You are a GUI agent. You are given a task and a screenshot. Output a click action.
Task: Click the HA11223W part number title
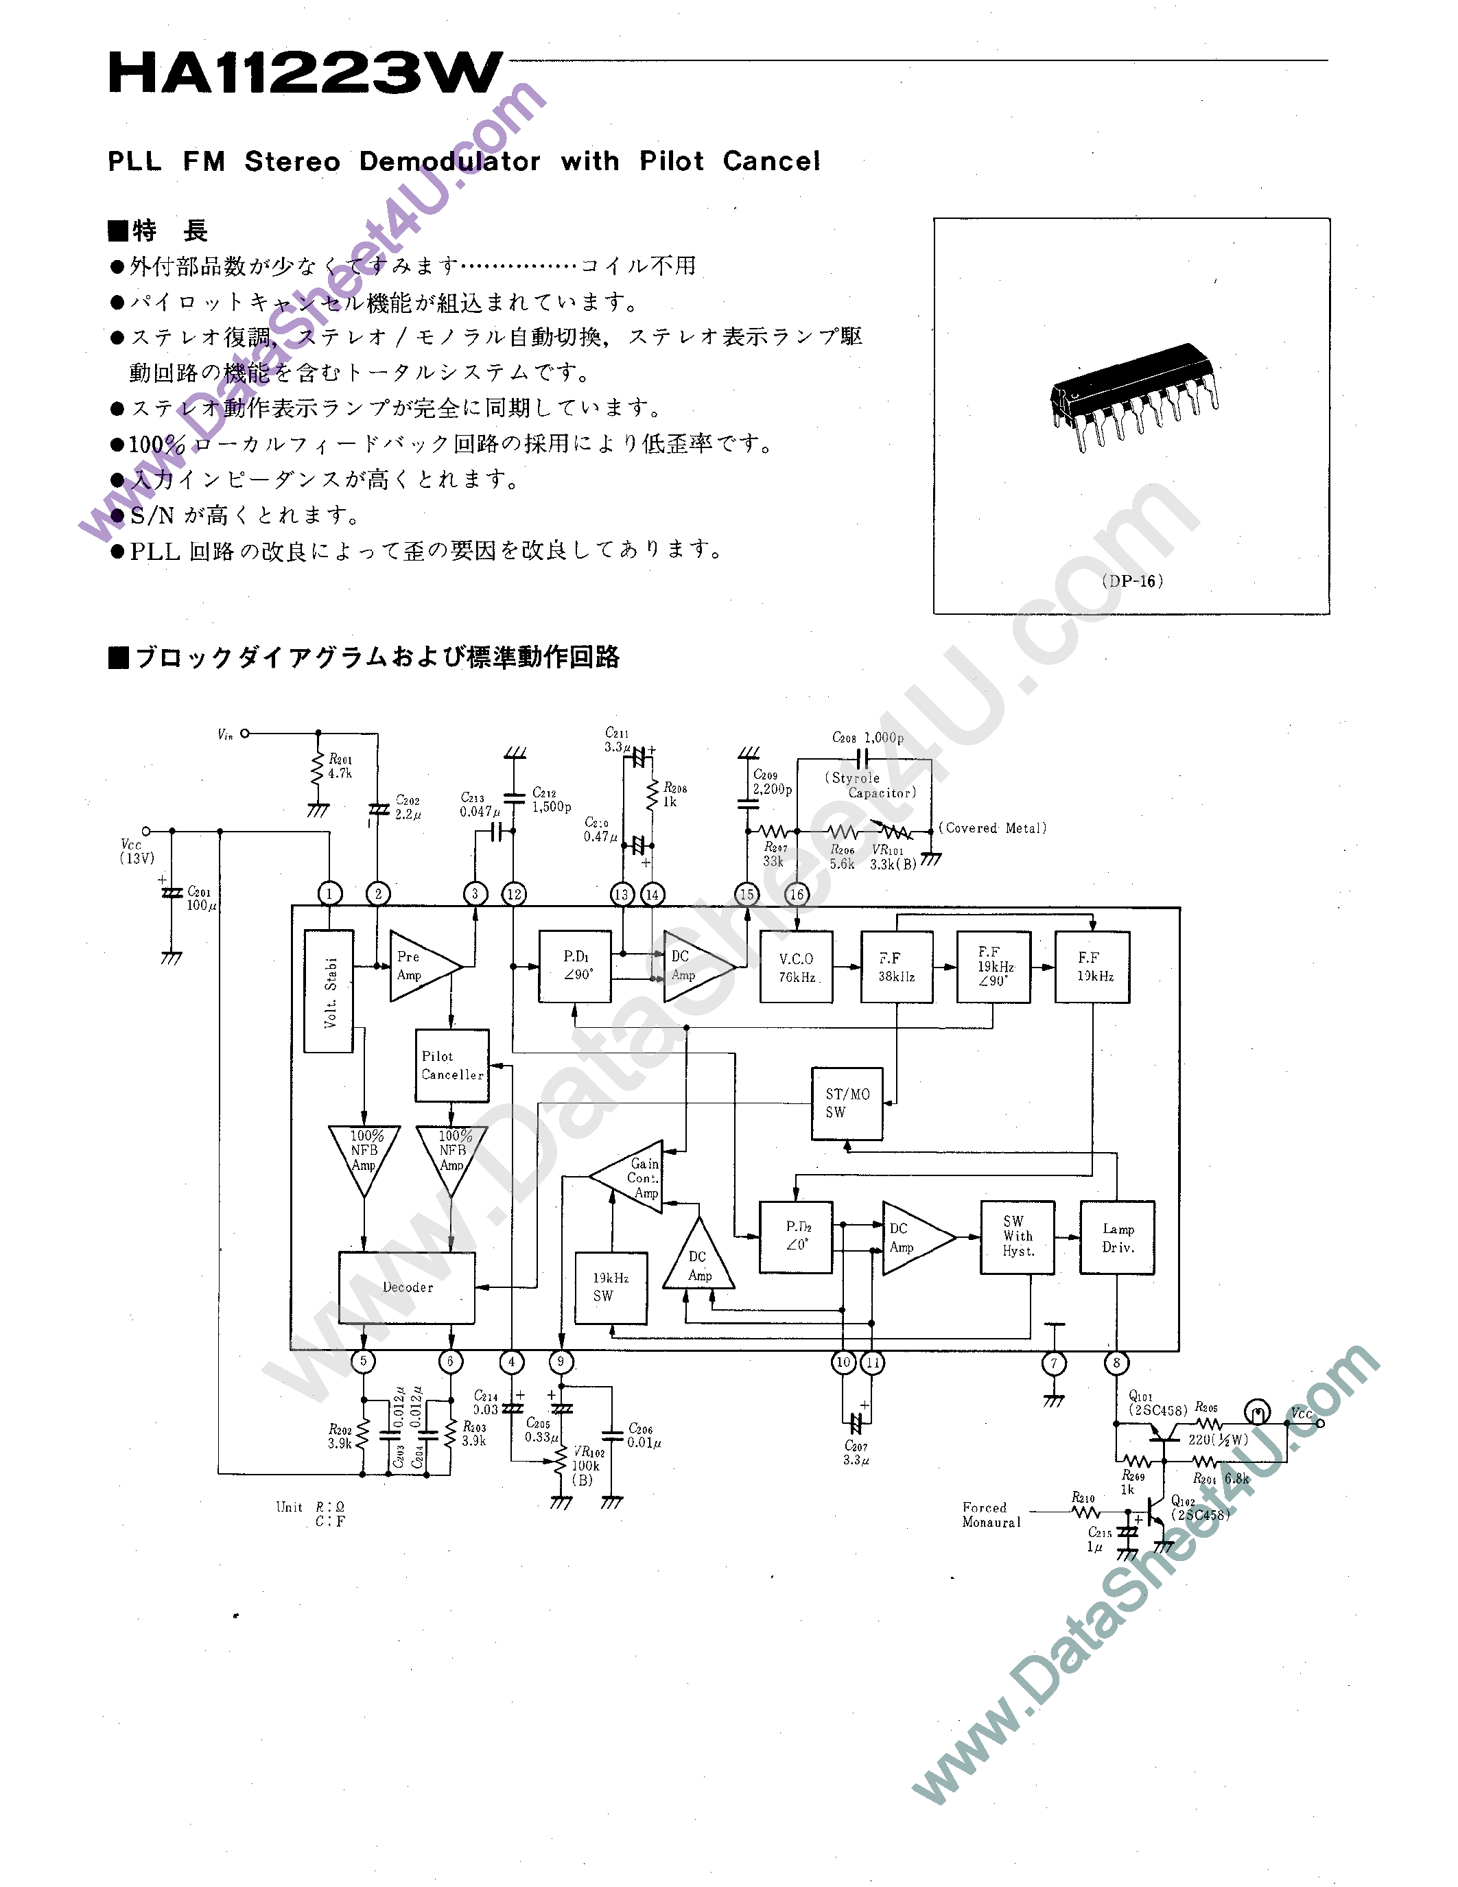click(304, 73)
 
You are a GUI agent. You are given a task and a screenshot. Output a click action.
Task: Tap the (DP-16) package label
click(1132, 581)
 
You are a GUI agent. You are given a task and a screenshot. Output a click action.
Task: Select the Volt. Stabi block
click(329, 991)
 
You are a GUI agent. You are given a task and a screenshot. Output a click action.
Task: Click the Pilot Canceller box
click(451, 1066)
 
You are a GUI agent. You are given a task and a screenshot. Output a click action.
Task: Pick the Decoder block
click(407, 1287)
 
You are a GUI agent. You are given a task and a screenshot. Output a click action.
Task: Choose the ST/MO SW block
click(847, 1103)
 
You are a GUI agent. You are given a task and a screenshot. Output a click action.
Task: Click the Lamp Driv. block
click(1117, 1237)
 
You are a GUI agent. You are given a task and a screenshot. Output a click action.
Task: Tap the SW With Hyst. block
click(1018, 1237)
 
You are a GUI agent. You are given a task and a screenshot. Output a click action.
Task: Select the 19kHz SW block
click(611, 1287)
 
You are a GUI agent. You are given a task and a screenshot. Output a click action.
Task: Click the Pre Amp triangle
click(419, 966)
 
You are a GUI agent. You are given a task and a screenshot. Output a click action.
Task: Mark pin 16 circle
click(797, 894)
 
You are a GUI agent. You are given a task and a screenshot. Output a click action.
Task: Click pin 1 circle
click(329, 893)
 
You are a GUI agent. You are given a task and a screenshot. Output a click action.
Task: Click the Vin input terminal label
click(224, 734)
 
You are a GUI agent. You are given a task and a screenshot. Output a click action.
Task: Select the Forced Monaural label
click(991, 1514)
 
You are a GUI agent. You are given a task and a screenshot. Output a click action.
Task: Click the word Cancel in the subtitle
click(771, 161)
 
